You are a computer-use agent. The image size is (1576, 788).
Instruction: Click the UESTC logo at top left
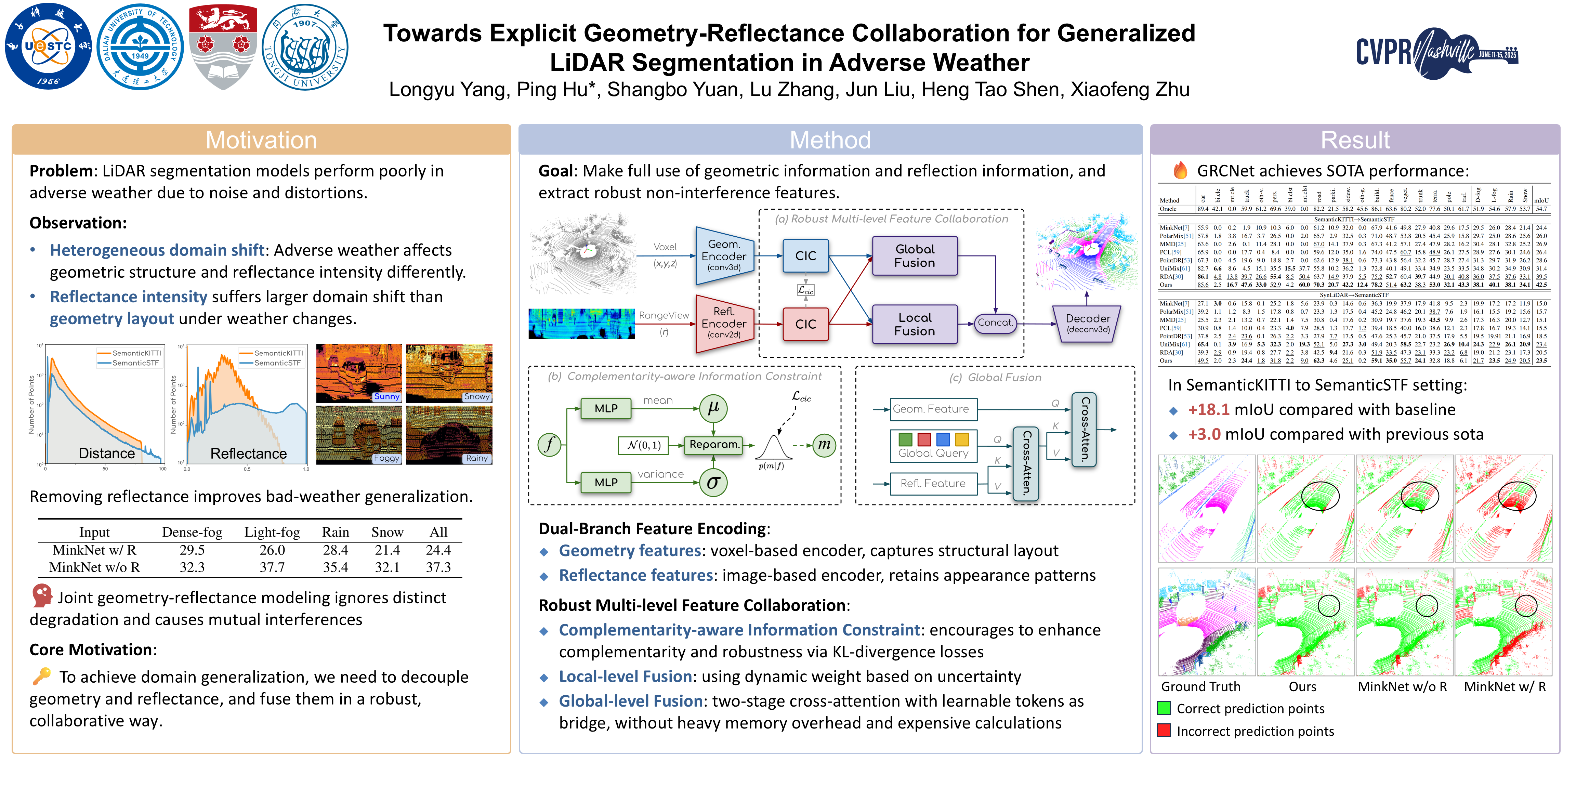(x=48, y=47)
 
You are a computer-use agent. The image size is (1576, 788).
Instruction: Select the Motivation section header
(x=261, y=140)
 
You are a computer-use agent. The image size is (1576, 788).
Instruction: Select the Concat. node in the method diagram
(x=995, y=323)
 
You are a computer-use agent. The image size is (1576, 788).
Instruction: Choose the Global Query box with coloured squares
(x=933, y=445)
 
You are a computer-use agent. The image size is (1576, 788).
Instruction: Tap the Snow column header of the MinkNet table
(x=387, y=532)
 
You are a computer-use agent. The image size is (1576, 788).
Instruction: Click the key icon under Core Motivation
(x=42, y=676)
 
